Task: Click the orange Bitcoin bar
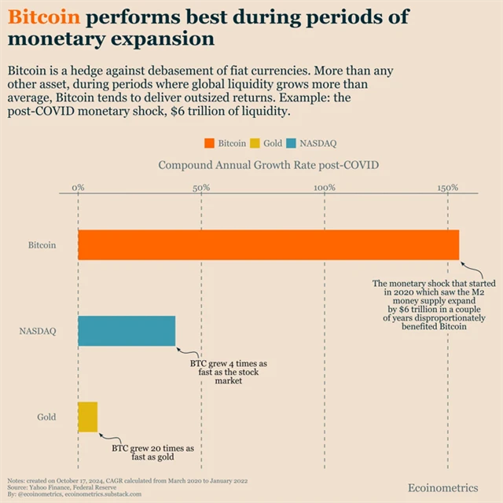tap(268, 245)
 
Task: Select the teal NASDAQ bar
tap(127, 331)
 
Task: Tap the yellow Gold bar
tap(87, 417)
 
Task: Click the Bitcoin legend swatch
tap(210, 144)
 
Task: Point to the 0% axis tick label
tap(78, 189)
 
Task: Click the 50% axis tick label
tap(201, 189)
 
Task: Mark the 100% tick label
tap(325, 189)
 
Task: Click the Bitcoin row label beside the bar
tap(42, 245)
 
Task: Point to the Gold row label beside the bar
tap(46, 417)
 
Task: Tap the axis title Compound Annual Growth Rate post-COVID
tap(268, 165)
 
